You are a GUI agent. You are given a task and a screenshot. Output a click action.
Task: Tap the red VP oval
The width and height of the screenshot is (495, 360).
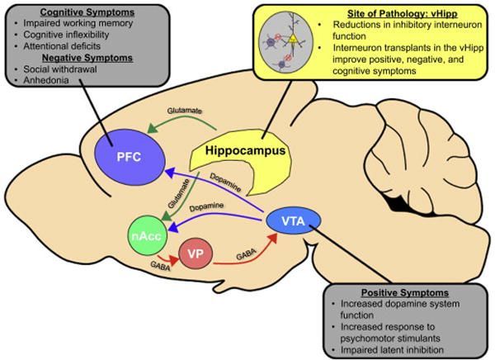[192, 253]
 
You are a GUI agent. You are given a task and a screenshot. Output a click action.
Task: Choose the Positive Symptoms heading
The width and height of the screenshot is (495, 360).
[404, 292]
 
